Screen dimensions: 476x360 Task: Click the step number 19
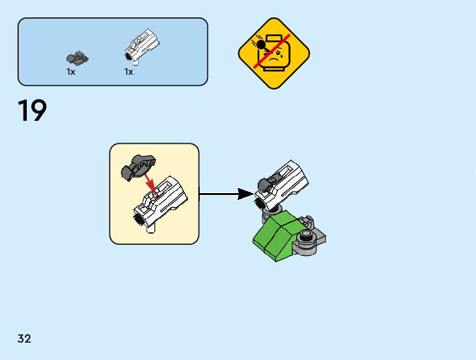point(32,111)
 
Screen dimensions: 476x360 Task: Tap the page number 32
point(24,339)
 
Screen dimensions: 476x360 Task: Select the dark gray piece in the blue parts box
point(77,59)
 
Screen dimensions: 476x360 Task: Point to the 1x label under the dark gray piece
point(71,72)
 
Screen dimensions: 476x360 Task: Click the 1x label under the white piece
point(129,72)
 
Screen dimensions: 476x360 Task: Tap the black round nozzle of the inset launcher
point(138,219)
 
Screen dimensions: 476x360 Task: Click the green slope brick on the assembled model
point(276,237)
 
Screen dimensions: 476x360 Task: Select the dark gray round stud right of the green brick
point(306,235)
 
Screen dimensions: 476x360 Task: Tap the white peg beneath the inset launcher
point(149,229)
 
